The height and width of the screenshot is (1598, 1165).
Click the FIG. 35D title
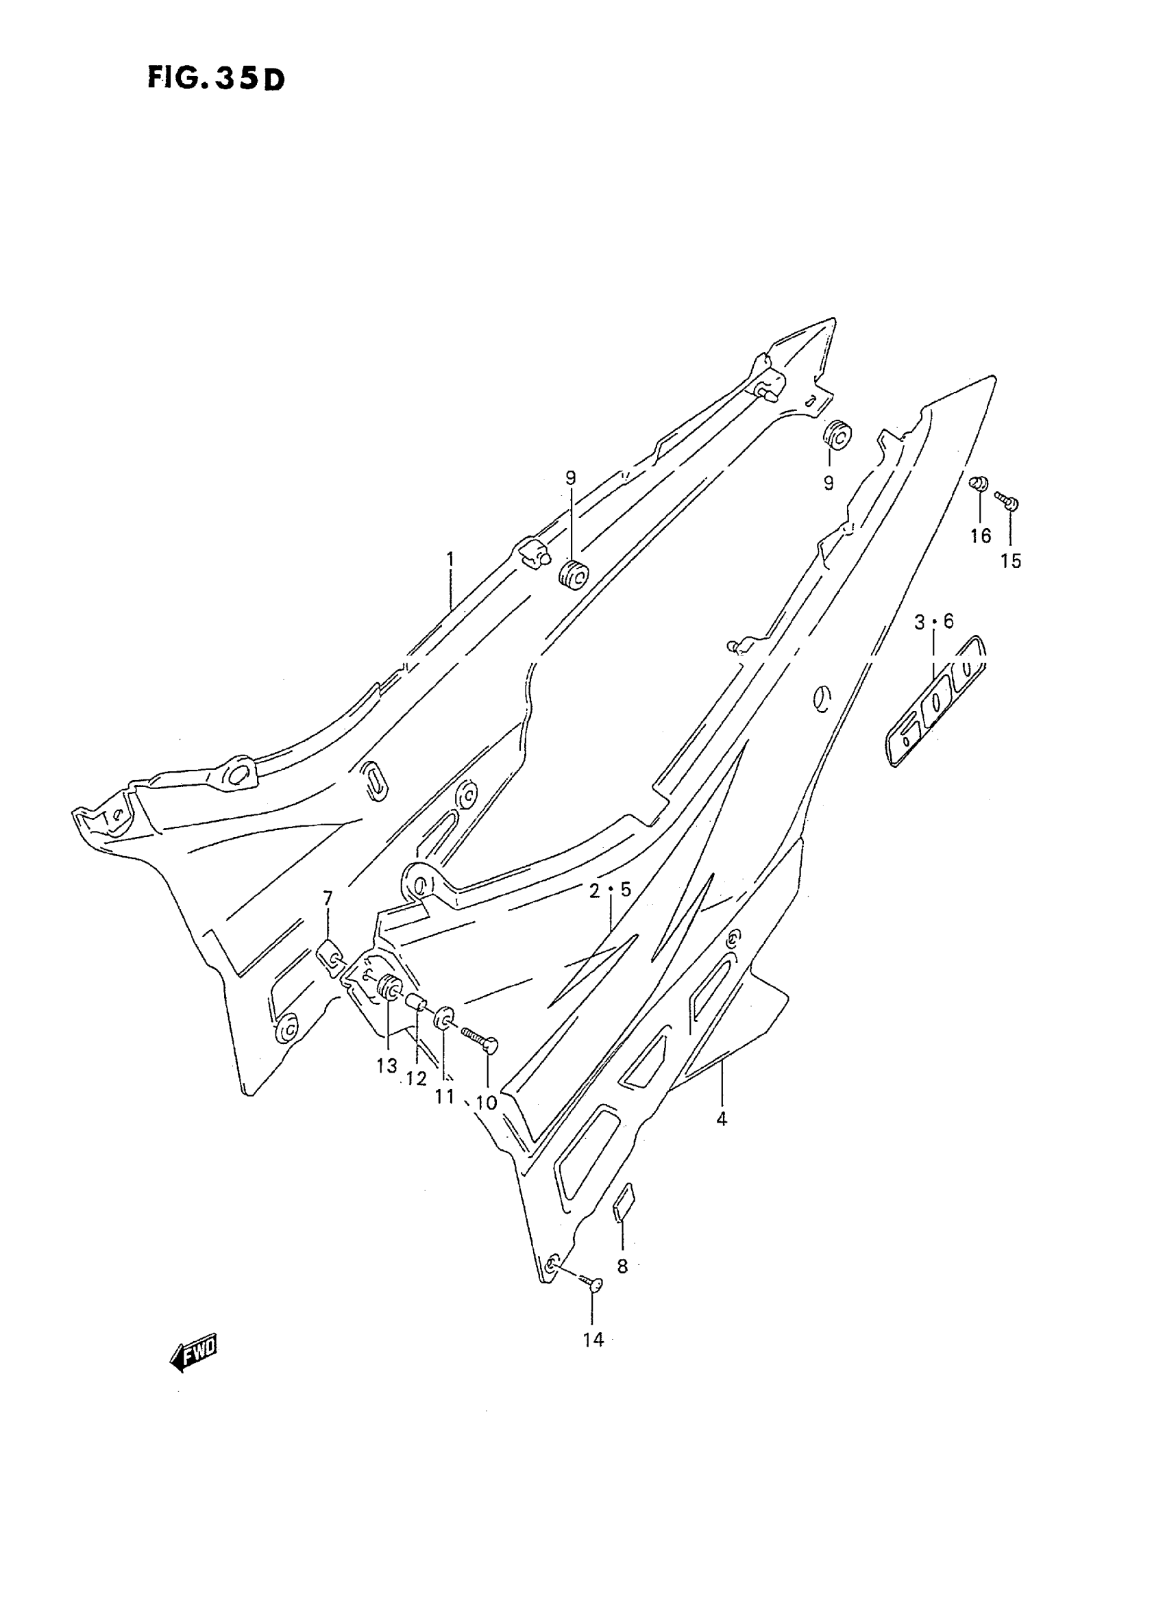216,78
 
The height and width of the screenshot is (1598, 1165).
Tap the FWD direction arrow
194,1353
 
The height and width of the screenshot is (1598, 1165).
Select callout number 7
327,898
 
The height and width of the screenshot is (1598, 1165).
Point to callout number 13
387,1066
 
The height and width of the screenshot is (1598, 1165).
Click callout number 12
417,1079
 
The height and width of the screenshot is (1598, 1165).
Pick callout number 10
487,1103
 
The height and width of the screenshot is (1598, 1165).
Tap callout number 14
593,1340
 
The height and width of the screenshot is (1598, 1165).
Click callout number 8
622,1266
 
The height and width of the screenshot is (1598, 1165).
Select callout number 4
722,1119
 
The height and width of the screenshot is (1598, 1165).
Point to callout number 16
980,536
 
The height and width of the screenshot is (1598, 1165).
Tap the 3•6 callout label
933,622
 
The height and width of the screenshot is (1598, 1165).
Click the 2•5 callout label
611,890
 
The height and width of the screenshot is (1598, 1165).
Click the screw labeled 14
591,1282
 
